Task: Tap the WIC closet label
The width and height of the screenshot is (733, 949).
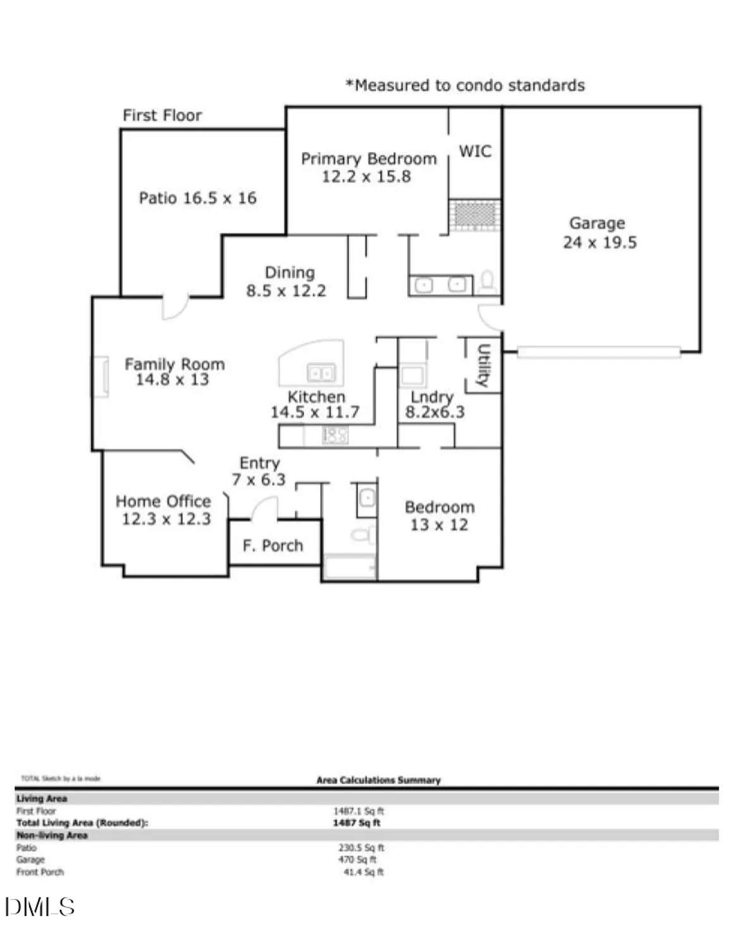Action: tap(474, 151)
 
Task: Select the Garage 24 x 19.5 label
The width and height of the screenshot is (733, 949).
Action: tap(598, 232)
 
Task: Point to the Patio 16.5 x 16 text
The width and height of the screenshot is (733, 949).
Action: tap(197, 198)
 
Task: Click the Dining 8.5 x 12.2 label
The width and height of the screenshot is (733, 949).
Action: tap(287, 282)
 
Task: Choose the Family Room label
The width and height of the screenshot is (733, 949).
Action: tap(174, 371)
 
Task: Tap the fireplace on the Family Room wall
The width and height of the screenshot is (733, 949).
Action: tap(101, 377)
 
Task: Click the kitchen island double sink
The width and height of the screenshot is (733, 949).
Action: tap(321, 373)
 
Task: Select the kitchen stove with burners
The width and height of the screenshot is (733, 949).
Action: tap(335, 435)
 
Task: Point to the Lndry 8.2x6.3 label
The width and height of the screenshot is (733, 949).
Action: tap(434, 404)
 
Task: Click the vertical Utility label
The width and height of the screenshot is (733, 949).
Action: tap(483, 365)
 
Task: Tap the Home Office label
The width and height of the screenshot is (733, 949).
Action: tap(164, 510)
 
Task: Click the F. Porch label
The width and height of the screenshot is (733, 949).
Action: tap(273, 545)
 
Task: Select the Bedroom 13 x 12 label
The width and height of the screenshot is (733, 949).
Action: tap(440, 516)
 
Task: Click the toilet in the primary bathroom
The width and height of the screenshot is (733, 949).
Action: tap(488, 280)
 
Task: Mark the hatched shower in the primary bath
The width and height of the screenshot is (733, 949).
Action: tap(475, 214)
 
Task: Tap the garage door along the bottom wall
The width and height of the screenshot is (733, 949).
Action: tap(598, 352)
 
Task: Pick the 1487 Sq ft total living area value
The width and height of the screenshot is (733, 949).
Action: tap(357, 823)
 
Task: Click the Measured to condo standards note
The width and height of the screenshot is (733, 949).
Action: tap(465, 85)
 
